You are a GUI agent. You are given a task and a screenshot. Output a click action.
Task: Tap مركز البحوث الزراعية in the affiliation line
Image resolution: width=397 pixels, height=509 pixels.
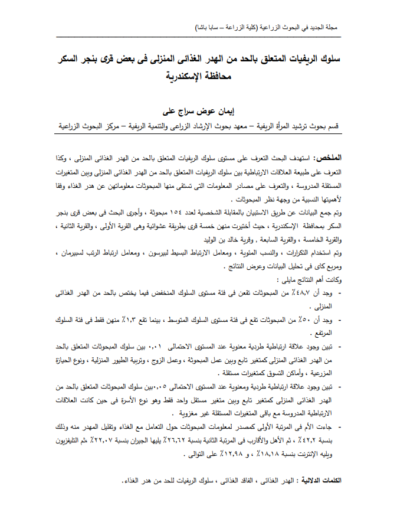click(88, 126)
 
